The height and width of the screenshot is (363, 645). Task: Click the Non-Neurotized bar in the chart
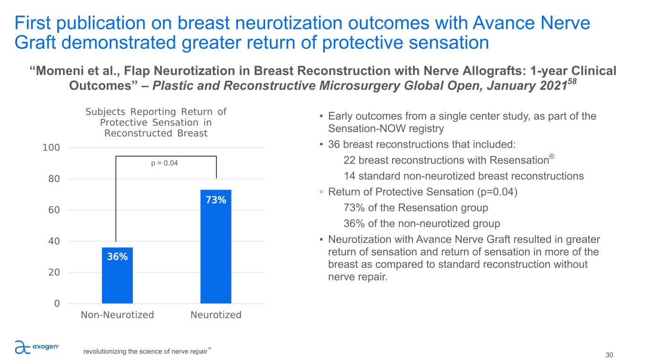(x=117, y=275)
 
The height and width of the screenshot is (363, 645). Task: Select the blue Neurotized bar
(x=215, y=246)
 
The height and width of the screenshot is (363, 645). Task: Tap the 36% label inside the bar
(x=117, y=257)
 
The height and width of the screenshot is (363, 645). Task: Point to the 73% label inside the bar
(x=216, y=200)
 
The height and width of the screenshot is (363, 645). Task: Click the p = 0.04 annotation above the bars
(x=164, y=163)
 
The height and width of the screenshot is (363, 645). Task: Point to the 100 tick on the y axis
(x=51, y=148)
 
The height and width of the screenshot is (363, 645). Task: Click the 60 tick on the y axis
(x=54, y=210)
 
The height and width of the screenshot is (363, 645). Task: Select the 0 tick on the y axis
(x=57, y=304)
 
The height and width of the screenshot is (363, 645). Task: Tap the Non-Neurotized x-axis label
(x=118, y=315)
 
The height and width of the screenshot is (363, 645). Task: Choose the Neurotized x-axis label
(x=216, y=315)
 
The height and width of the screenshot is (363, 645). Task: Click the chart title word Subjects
(x=105, y=112)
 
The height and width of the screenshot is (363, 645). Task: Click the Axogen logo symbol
(x=23, y=347)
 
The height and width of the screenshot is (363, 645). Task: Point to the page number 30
(x=609, y=355)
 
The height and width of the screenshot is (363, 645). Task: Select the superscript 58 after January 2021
(x=572, y=81)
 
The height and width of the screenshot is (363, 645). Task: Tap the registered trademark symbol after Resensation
(x=552, y=156)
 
